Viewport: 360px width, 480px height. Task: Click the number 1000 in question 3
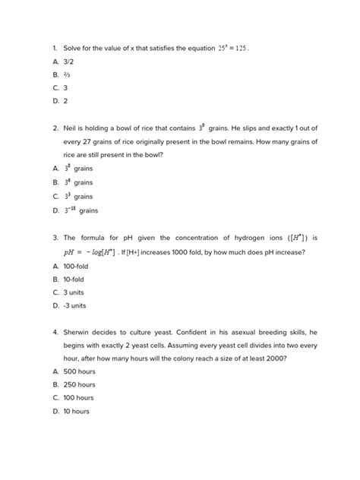(188, 251)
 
